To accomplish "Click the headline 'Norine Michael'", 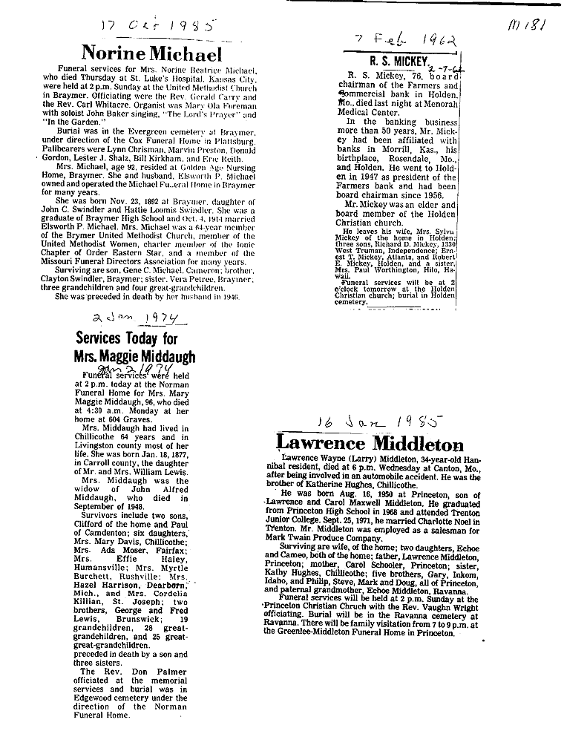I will (151, 54).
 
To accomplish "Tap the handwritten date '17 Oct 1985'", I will (156, 26).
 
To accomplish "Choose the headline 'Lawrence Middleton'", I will (370, 445).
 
